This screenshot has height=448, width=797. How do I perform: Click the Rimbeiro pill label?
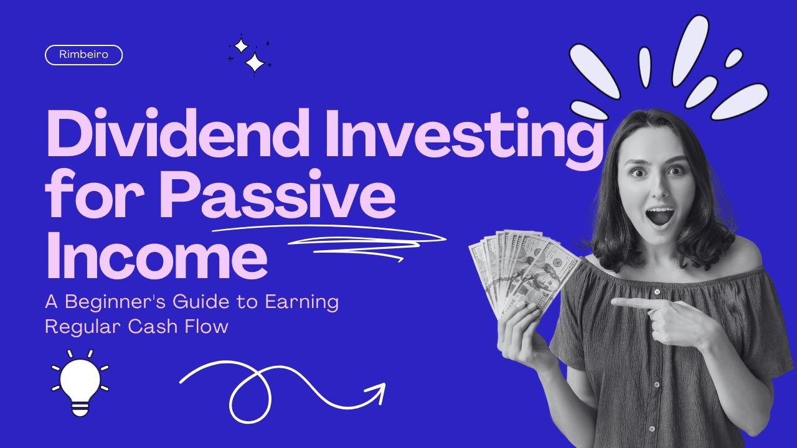pyautogui.click(x=83, y=55)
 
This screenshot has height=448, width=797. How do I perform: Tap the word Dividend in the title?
pyautogui.click(x=177, y=133)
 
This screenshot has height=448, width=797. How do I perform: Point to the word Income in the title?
pyautogui.click(x=157, y=254)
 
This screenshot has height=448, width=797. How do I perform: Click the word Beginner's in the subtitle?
pyautogui.click(x=115, y=302)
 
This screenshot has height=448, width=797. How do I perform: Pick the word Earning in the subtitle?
pyautogui.click(x=302, y=302)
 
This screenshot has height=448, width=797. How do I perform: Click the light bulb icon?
pyautogui.click(x=80, y=383)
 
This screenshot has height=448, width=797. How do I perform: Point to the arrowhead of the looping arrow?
pyautogui.click(x=378, y=391)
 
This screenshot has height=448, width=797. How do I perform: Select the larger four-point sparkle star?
pyautogui.click(x=255, y=63)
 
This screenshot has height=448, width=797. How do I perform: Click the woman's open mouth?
pyautogui.click(x=660, y=217)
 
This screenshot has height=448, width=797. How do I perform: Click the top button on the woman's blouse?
pyautogui.click(x=657, y=292)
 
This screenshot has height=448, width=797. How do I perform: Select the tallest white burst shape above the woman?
pyautogui.click(x=691, y=50)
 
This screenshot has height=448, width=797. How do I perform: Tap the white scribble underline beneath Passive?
pyautogui.click(x=329, y=243)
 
